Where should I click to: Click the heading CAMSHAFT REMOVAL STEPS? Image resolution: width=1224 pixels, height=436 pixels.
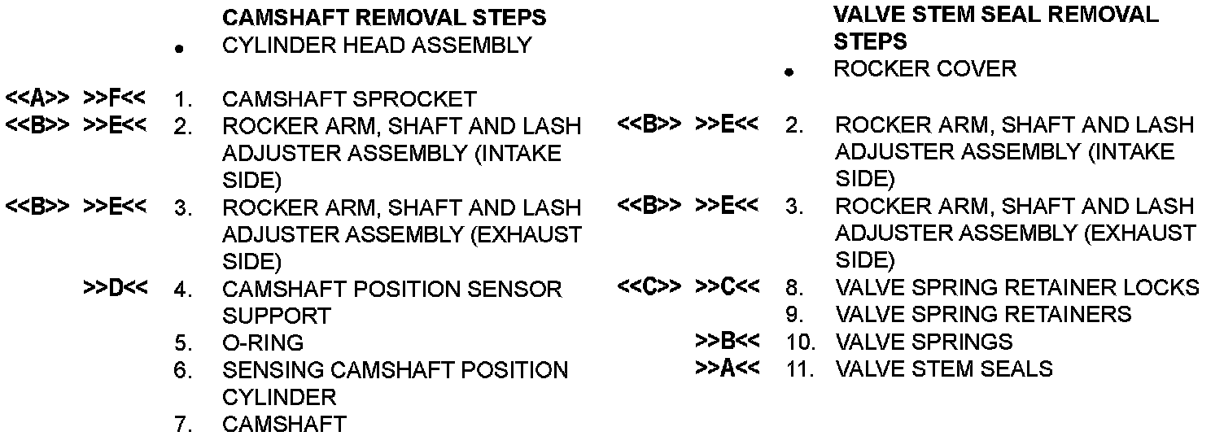pyautogui.click(x=383, y=17)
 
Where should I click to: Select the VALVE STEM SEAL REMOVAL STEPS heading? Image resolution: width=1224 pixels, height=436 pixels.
pyautogui.click(x=996, y=27)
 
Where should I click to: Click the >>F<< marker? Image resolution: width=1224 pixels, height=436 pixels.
pyautogui.click(x=115, y=99)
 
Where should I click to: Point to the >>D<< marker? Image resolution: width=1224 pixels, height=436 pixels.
pyautogui.click(x=115, y=288)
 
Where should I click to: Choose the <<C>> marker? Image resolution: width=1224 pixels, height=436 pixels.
pyautogui.click(x=649, y=287)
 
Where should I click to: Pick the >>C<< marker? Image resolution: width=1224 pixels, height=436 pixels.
pyautogui.click(x=727, y=287)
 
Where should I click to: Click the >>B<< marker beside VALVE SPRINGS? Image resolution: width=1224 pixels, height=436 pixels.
pyautogui.click(x=727, y=341)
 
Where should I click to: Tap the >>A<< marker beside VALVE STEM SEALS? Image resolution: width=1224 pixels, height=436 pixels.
pyautogui.click(x=727, y=368)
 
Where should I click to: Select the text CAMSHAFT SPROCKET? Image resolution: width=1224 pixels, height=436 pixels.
pyautogui.click(x=349, y=99)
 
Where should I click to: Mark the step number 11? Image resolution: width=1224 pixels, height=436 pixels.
pyautogui.click(x=802, y=369)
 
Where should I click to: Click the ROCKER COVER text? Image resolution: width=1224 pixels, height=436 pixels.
pyautogui.click(x=925, y=68)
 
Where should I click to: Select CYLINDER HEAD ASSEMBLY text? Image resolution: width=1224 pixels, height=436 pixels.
pyautogui.click(x=376, y=46)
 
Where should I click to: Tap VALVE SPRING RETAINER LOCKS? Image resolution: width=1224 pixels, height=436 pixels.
pyautogui.click(x=1016, y=287)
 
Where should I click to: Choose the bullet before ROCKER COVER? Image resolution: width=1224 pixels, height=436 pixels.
pyautogui.click(x=788, y=72)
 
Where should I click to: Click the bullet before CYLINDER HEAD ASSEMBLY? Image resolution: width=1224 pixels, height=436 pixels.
pyautogui.click(x=178, y=50)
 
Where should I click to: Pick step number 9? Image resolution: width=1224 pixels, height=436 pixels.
pyautogui.click(x=795, y=315)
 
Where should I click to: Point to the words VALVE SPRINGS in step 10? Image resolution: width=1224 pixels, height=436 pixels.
pyautogui.click(x=924, y=342)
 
